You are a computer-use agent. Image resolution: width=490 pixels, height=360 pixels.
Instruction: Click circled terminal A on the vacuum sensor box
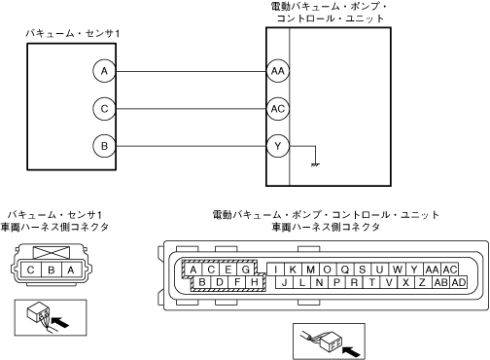coord(104,71)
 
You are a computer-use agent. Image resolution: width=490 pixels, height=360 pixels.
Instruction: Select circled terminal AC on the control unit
coord(278,109)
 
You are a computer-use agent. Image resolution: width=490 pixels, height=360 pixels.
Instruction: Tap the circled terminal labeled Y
coord(278,146)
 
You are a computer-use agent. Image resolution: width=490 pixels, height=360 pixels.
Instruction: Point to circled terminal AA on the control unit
coord(278,71)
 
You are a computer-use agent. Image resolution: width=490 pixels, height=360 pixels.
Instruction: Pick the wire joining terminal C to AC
coord(192,109)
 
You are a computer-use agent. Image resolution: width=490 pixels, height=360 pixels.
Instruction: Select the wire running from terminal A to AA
coord(192,71)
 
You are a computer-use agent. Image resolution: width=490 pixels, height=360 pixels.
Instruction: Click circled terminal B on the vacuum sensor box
coord(104,146)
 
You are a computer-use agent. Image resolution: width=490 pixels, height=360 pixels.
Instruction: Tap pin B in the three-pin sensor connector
coord(52,270)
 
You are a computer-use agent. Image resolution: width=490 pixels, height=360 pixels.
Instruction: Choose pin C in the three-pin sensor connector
coord(31,270)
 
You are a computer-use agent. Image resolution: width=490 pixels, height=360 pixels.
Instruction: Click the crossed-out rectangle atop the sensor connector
coord(52,253)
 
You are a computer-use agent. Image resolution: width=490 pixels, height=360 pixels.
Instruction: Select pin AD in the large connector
coord(459,282)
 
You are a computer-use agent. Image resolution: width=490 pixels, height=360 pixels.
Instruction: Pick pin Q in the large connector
coord(345,270)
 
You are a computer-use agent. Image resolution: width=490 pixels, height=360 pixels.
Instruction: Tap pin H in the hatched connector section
coord(255,282)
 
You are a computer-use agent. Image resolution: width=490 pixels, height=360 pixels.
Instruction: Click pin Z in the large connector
coord(422,282)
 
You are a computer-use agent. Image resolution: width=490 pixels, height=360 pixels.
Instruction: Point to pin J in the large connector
coord(284,282)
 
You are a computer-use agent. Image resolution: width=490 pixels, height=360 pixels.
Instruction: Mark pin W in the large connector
coord(398,270)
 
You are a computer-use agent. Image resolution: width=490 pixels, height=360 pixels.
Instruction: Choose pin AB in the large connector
coord(441,282)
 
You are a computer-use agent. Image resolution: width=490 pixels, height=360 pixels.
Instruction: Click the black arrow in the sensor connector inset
coord(60,322)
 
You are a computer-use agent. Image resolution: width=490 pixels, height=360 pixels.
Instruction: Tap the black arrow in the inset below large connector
coord(351,351)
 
